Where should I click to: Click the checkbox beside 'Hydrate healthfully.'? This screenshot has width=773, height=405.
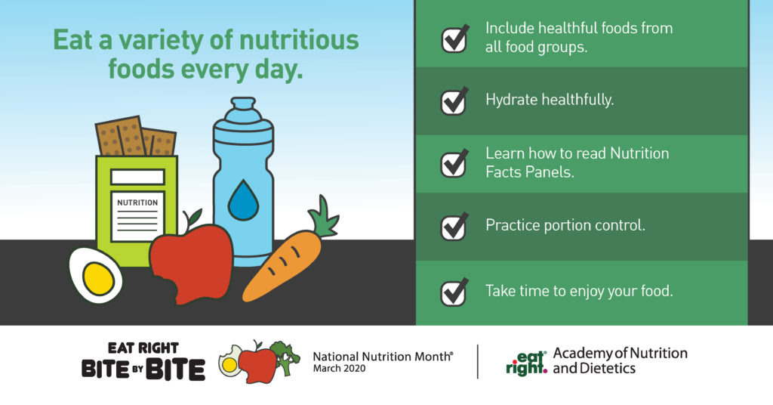(x=454, y=103)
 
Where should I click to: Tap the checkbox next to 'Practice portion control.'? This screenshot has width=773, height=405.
(x=454, y=227)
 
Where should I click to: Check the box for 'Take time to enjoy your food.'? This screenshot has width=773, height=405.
(x=454, y=293)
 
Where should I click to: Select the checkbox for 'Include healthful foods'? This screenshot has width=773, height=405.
(x=454, y=39)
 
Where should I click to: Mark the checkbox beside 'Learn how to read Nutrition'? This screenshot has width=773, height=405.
(x=454, y=164)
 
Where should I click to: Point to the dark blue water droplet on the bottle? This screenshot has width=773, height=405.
(x=243, y=200)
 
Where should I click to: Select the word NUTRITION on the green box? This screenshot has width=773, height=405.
(x=137, y=202)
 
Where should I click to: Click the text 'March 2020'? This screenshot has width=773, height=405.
(x=339, y=369)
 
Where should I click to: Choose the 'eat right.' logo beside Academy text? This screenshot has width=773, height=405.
(x=526, y=363)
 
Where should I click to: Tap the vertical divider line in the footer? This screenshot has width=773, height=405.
(x=477, y=362)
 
